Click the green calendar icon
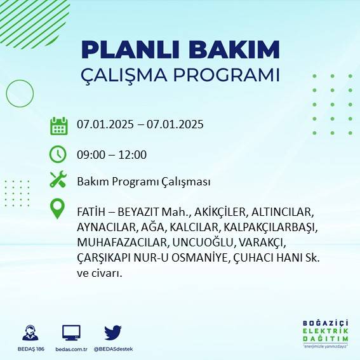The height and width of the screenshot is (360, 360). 58,126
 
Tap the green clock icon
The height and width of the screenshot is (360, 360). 58,154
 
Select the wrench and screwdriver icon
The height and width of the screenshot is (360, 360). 58,180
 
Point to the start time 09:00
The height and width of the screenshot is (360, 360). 91,154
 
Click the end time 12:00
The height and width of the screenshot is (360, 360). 133,154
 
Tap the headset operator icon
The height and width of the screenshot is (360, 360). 29,333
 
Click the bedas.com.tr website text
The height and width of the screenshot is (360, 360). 71,349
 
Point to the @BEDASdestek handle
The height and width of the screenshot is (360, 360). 113,349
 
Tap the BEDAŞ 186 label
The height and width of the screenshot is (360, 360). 29,349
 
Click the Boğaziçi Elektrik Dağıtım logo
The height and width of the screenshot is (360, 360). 325,334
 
